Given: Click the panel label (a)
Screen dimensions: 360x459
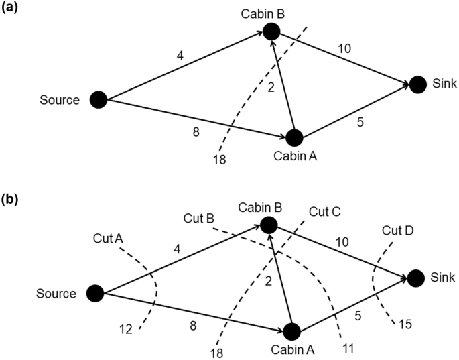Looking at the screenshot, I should (13, 9).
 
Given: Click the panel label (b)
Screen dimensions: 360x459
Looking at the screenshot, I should (13, 200).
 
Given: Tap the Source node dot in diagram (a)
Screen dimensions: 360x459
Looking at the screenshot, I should (98, 100).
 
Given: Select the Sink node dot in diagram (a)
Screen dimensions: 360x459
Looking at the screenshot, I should (418, 84).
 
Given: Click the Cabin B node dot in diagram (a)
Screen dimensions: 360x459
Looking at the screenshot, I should (271, 31).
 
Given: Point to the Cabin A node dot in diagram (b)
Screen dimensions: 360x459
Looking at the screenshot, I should (291, 331).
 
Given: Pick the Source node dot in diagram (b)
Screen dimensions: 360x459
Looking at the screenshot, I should (96, 293).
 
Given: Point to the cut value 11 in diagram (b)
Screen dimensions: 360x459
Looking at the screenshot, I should (346, 347).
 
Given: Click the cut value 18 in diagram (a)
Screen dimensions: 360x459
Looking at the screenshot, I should (220, 160).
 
